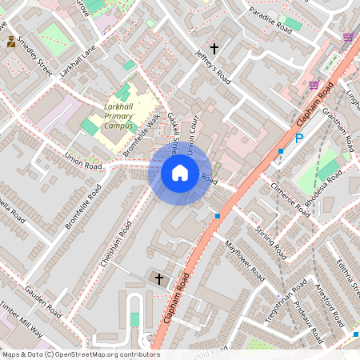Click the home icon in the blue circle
180,172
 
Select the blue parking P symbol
299,138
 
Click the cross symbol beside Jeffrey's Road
214,49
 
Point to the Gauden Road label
43,300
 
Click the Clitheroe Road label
290,199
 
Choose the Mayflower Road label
244,259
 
